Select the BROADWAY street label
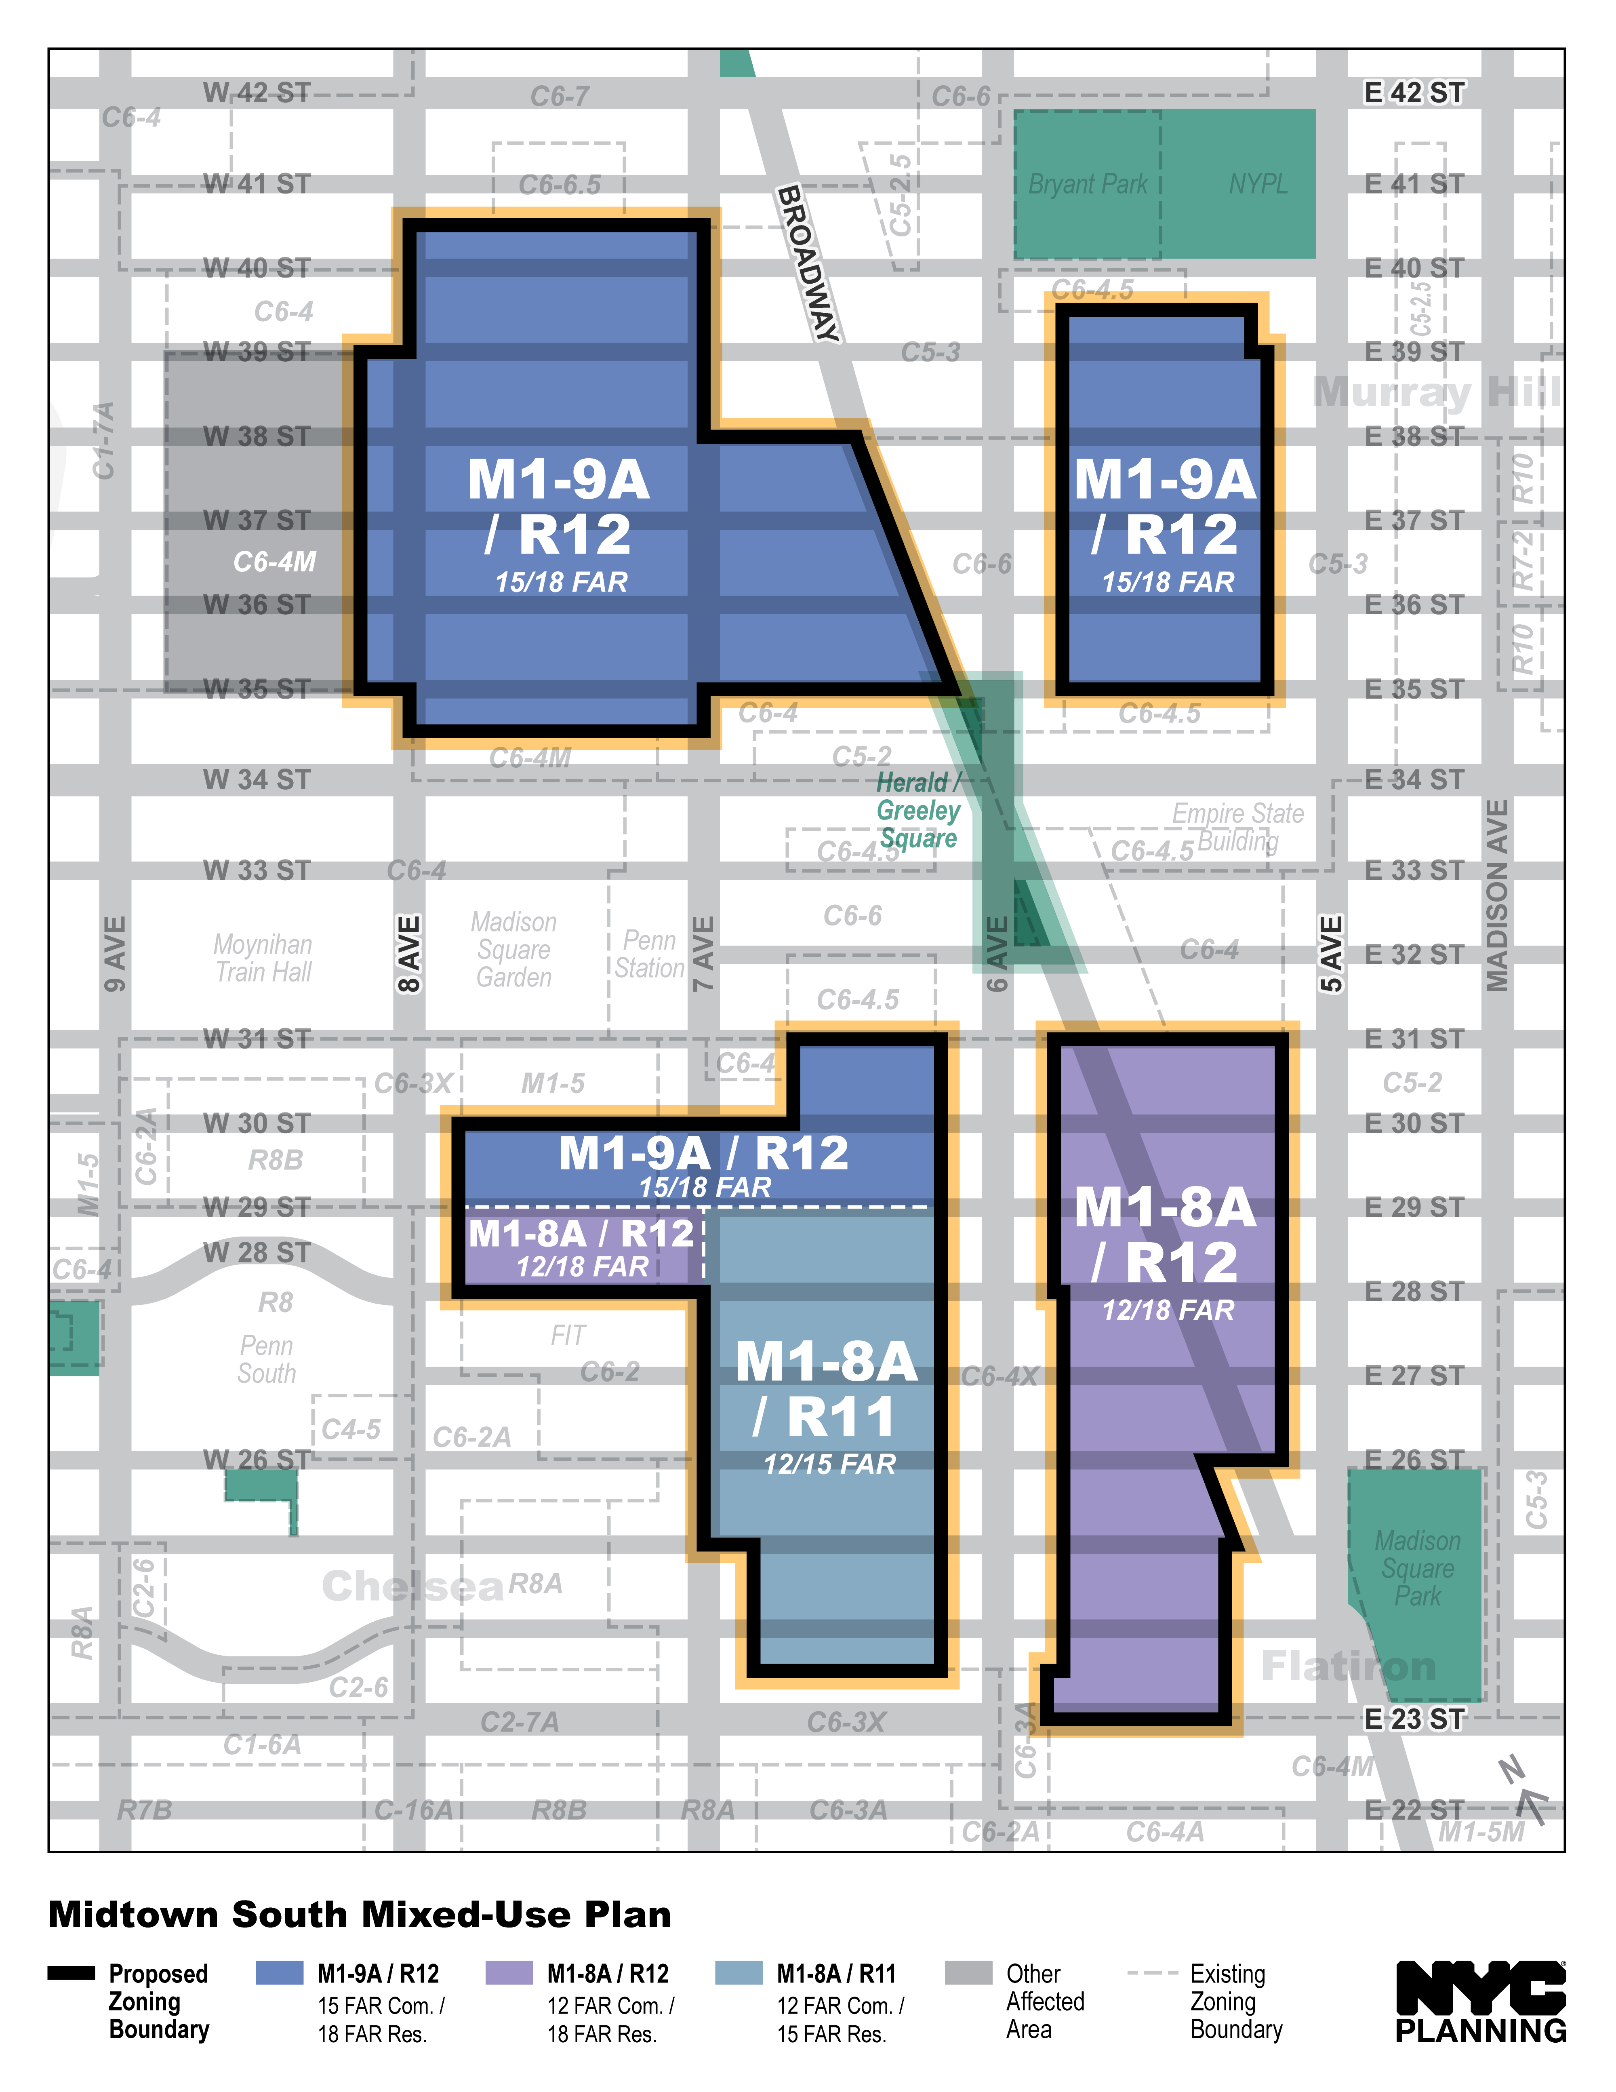tap(808, 263)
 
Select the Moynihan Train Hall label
tap(263, 958)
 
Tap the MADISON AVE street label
tap(1496, 895)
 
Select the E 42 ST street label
tap(1414, 93)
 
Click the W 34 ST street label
tap(257, 780)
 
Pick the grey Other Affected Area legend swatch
tap(968, 1973)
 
